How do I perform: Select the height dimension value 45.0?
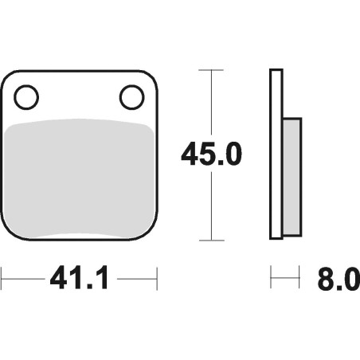click(211, 154)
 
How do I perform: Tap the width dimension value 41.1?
click(79, 278)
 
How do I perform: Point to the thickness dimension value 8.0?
click(338, 280)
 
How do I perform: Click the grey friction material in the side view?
click(292, 177)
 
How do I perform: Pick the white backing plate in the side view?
click(276, 154)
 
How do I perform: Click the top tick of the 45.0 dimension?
click(211, 70)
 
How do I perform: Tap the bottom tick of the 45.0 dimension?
click(212, 241)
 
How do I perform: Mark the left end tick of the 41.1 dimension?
click(2, 279)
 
